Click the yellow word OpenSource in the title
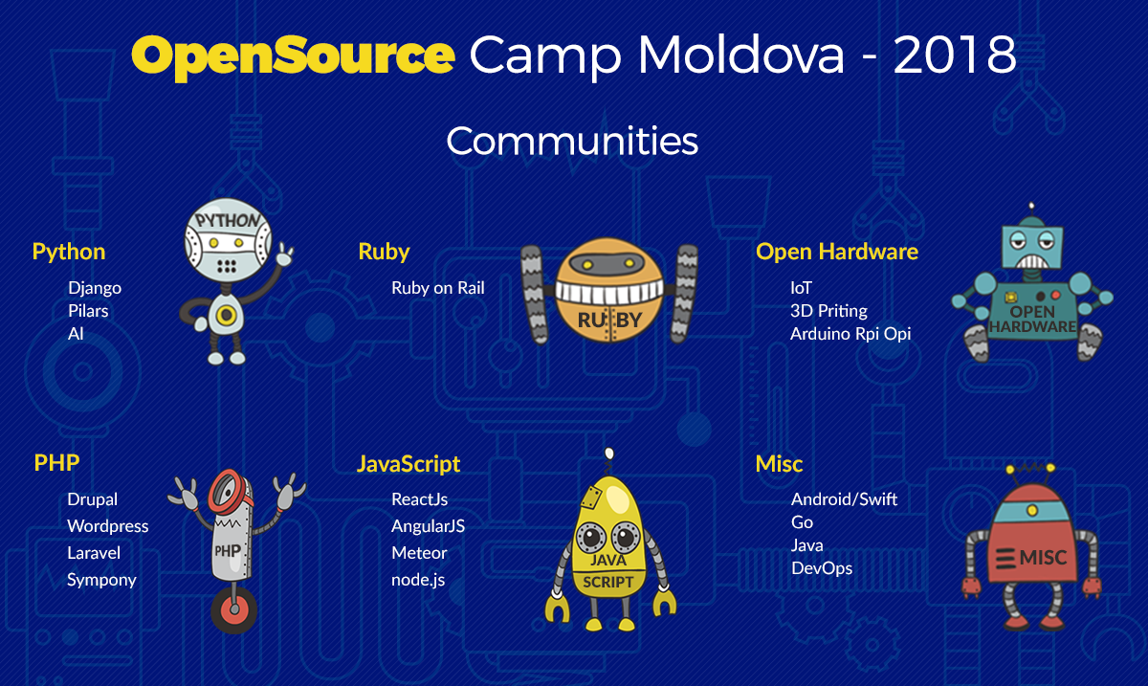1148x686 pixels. click(x=293, y=57)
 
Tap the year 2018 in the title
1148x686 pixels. click(x=955, y=55)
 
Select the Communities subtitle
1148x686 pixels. click(x=572, y=141)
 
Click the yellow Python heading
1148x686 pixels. click(x=69, y=253)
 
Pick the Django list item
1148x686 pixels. click(x=95, y=289)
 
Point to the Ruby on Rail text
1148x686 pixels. click(x=438, y=288)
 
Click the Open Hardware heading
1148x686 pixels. click(x=837, y=252)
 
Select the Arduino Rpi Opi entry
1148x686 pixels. click(x=850, y=334)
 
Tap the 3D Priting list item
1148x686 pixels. click(x=828, y=311)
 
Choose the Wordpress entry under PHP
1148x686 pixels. click(x=107, y=526)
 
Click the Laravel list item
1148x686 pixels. click(x=94, y=553)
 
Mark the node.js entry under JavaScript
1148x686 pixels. click(x=418, y=581)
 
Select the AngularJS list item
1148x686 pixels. click(x=428, y=526)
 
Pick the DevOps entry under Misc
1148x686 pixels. click(x=822, y=568)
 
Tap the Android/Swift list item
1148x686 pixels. click(x=844, y=499)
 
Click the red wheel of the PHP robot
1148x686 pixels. click(x=234, y=609)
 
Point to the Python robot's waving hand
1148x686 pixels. click(x=284, y=254)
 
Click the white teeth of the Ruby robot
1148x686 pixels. click(x=609, y=293)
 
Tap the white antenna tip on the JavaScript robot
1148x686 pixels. click(x=608, y=454)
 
